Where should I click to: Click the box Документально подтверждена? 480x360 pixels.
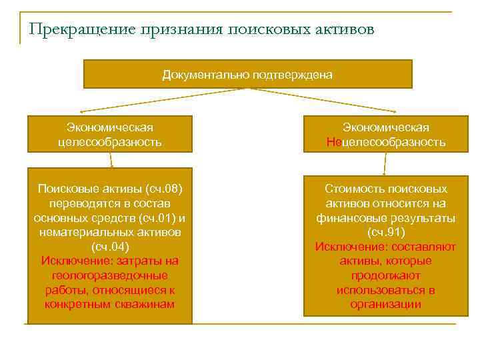pyautogui.click(x=247, y=74)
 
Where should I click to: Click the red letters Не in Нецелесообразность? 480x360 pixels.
pyautogui.click(x=333, y=142)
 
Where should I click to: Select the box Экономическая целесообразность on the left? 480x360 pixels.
pyautogui.click(x=110, y=134)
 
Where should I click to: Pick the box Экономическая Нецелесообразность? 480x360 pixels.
pyautogui.click(x=386, y=134)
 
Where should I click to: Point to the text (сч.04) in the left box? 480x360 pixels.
pyautogui.click(x=109, y=247)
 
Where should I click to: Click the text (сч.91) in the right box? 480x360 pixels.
pyautogui.click(x=386, y=232)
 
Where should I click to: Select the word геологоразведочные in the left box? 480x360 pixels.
pyautogui.click(x=109, y=275)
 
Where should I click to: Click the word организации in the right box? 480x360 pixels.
pyautogui.click(x=386, y=305)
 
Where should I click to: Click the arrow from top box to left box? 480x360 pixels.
pyautogui.click(x=160, y=100)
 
